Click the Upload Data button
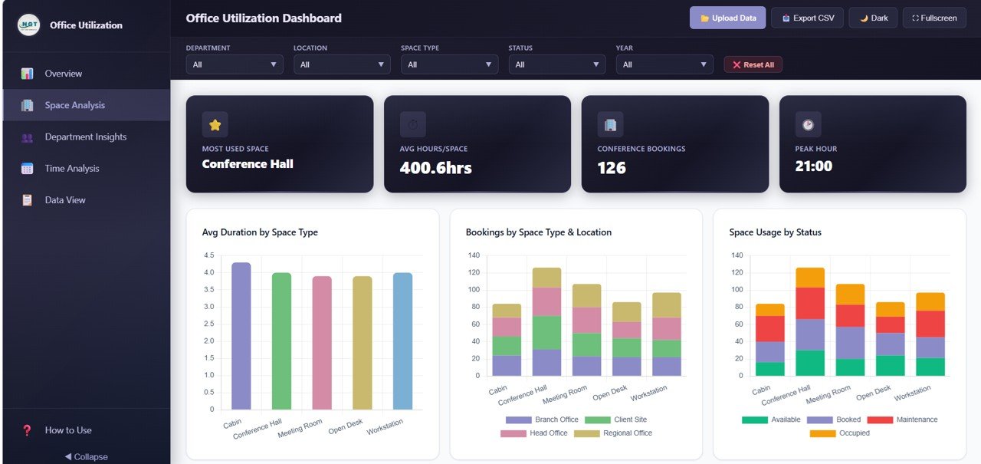727,18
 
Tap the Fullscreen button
934,18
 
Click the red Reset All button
753,64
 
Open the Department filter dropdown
235,64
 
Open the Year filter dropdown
664,64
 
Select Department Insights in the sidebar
85,137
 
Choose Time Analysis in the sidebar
71,168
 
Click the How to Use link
67,430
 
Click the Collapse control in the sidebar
86,456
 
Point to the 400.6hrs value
435,167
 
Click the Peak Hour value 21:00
814,166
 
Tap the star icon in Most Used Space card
215,124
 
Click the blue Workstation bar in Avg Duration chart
402,341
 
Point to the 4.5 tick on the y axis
208,255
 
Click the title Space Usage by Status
775,232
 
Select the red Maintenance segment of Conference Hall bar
810,303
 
